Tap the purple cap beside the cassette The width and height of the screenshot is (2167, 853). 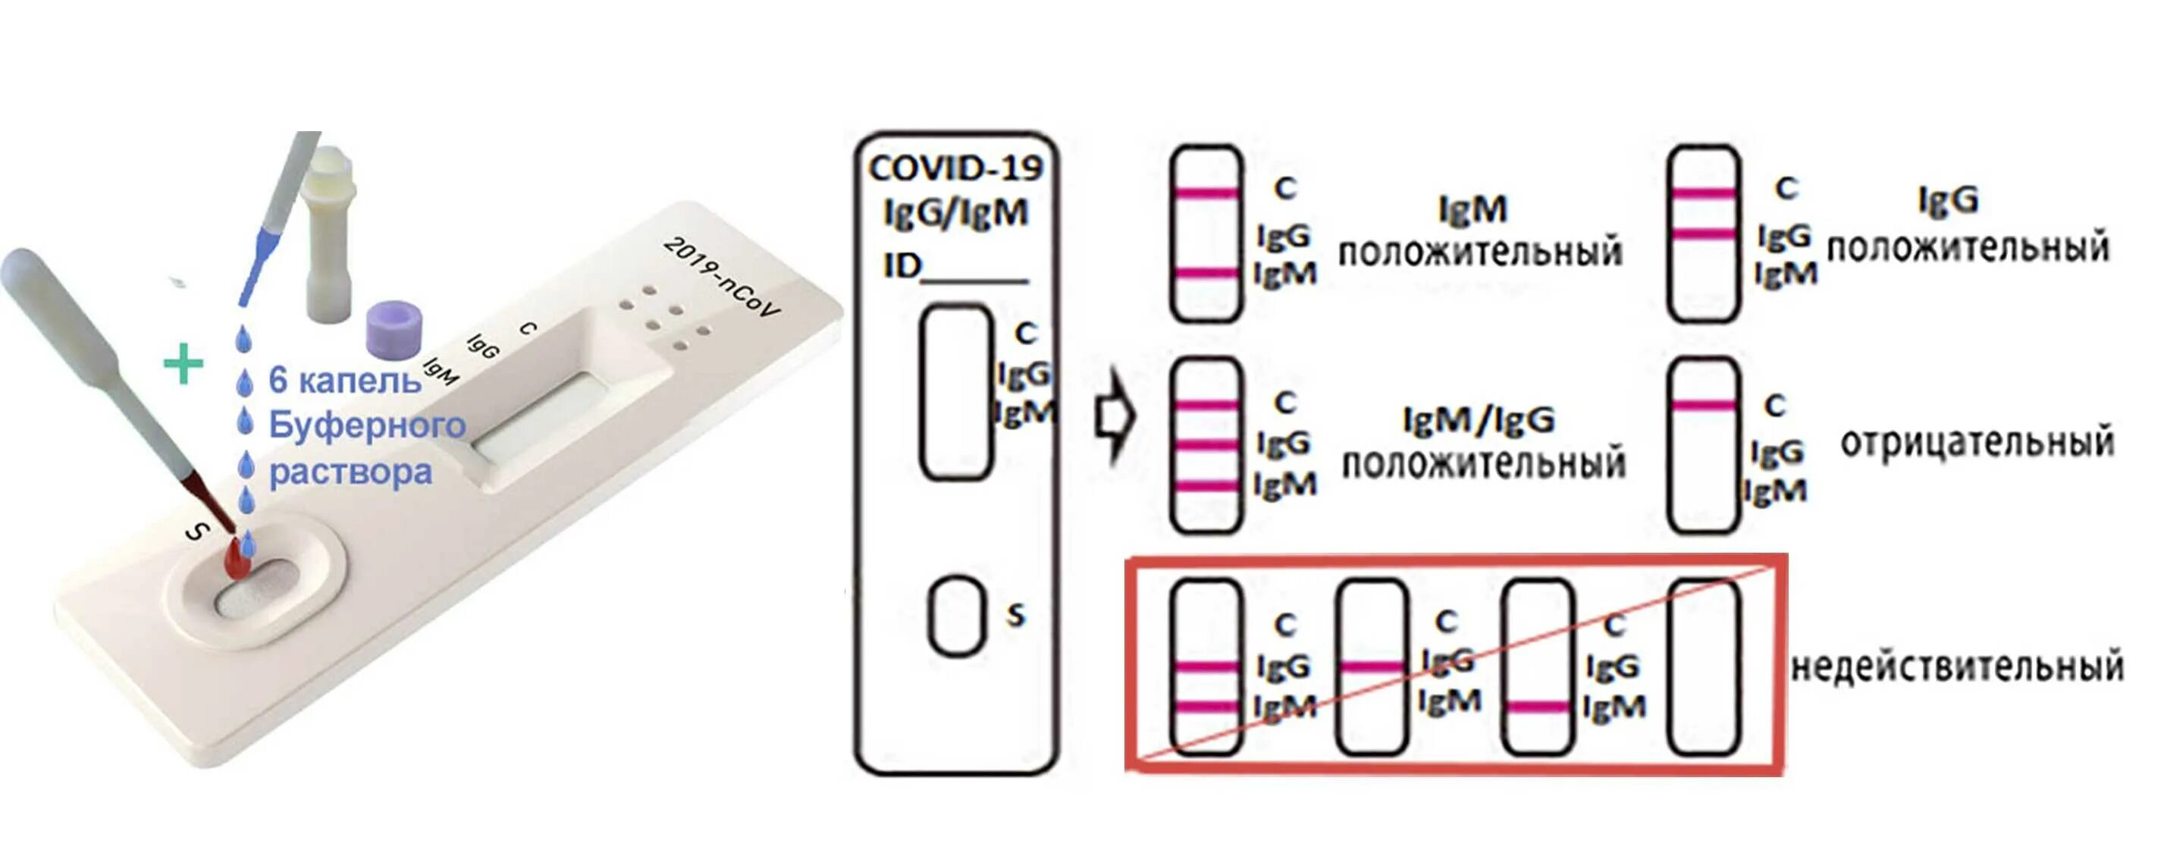click(x=394, y=328)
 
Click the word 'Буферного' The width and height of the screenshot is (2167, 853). click(x=367, y=425)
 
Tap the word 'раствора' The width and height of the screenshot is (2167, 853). click(x=350, y=472)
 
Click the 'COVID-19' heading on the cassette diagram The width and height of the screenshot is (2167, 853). click(x=955, y=169)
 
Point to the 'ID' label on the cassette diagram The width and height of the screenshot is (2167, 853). click(x=902, y=267)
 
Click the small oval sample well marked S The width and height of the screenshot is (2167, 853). click(x=956, y=616)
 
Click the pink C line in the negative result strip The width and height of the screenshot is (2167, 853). click(x=1704, y=406)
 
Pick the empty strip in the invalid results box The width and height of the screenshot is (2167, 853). click(x=1704, y=666)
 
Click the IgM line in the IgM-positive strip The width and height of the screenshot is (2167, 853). click(x=1206, y=272)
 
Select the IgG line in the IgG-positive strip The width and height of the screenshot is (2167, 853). click(x=1704, y=234)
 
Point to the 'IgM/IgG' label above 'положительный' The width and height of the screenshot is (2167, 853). click(x=1479, y=420)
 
